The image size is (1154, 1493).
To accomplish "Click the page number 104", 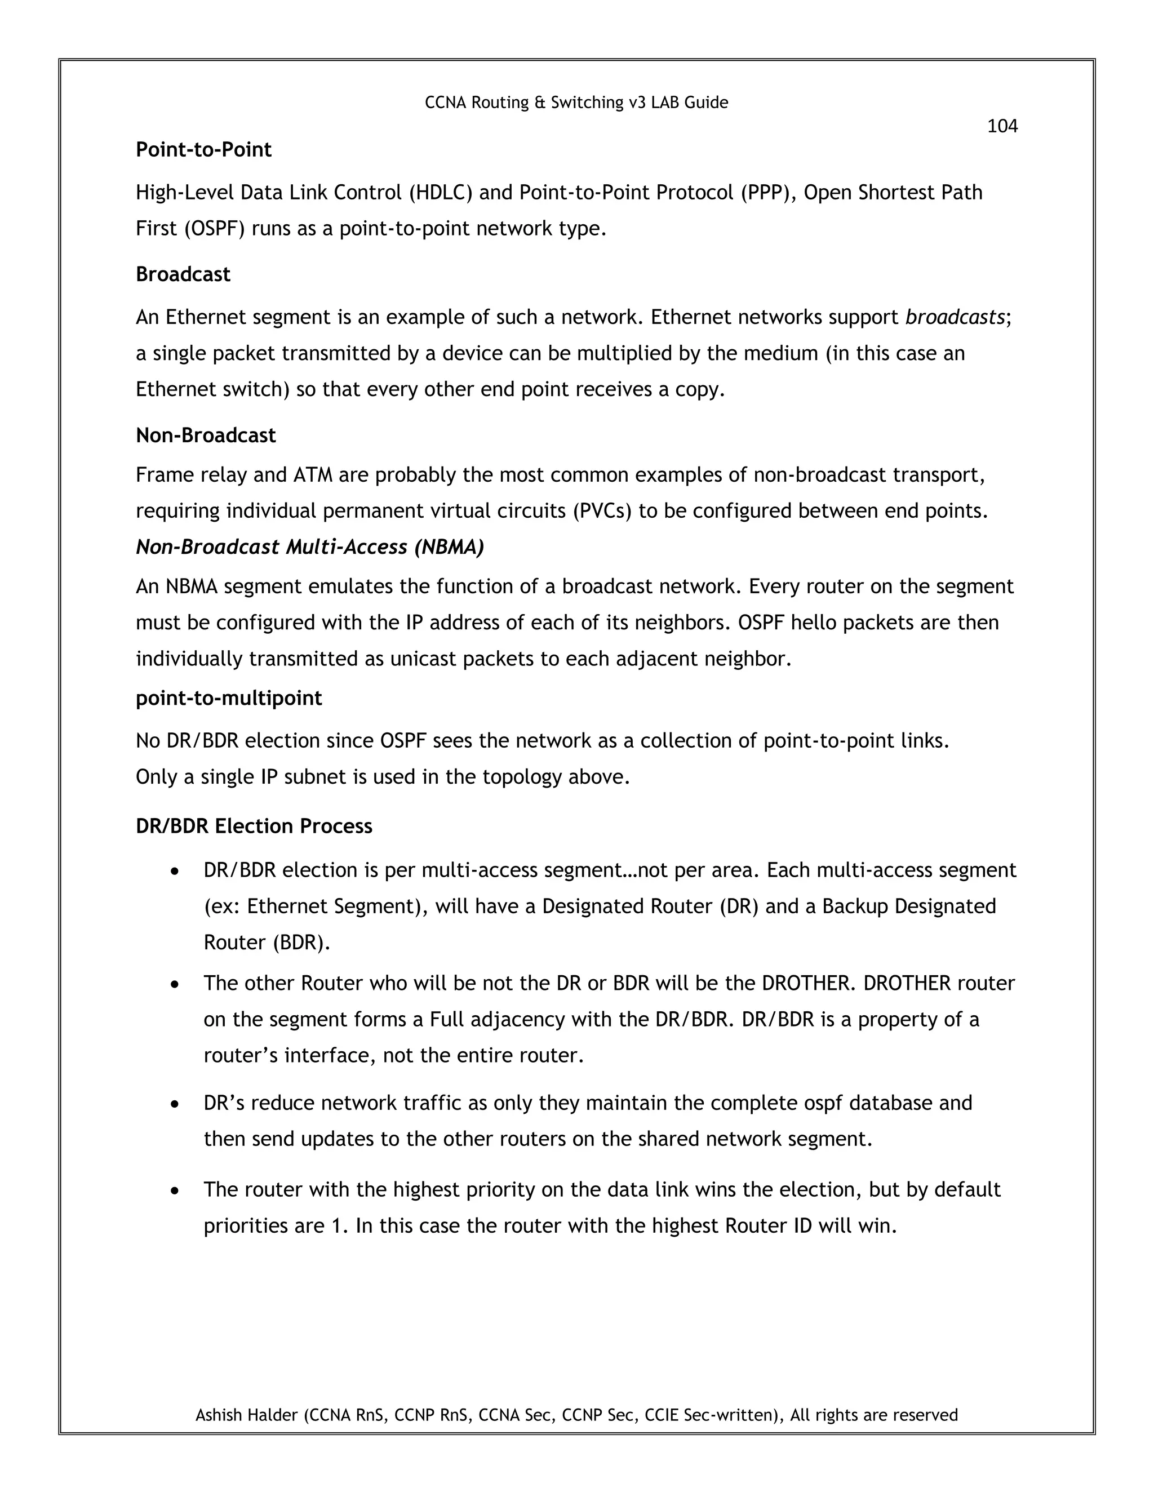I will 1002,126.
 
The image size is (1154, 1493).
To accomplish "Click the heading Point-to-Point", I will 204,150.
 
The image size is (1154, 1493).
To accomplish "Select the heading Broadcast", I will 183,274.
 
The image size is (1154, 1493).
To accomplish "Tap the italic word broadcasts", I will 955,318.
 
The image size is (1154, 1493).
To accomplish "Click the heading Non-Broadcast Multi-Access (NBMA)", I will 310,547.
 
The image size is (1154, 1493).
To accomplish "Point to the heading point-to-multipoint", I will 229,698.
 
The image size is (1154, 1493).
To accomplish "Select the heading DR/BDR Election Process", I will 254,826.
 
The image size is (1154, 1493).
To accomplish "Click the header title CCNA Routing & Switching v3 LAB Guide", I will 576,103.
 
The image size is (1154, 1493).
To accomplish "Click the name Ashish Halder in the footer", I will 247,1414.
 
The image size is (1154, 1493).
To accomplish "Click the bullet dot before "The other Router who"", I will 176,984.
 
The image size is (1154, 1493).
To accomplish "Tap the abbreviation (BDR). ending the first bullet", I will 301,943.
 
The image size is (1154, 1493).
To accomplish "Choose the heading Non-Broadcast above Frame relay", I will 206,436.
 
